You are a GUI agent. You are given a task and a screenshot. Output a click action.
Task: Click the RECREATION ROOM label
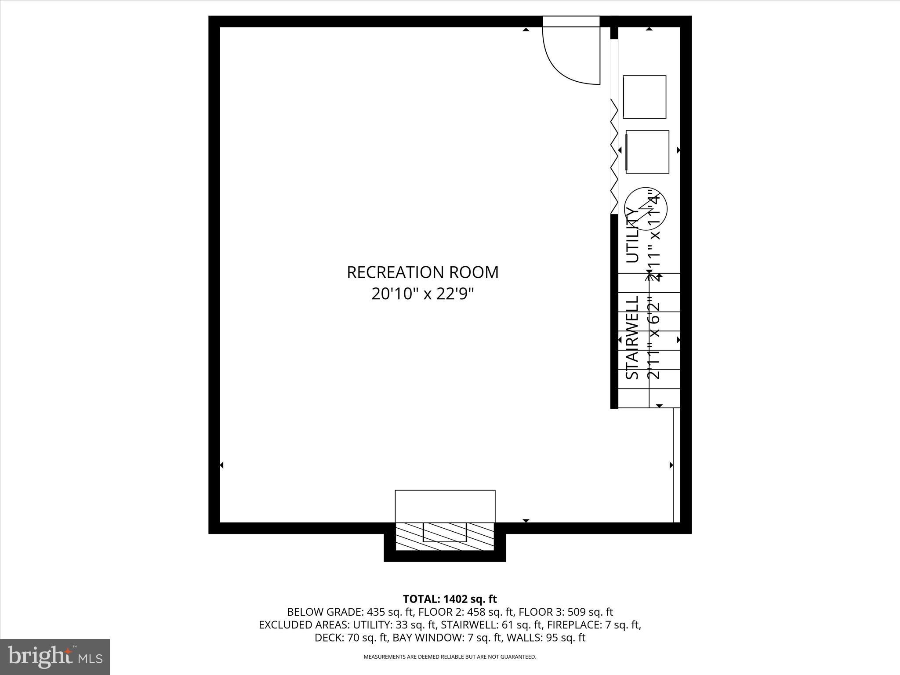(423, 272)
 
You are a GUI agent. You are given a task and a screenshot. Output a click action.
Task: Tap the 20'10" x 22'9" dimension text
(423, 294)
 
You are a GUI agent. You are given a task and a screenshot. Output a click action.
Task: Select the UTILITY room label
(632, 236)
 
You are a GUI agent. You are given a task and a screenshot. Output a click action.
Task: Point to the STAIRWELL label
(632, 337)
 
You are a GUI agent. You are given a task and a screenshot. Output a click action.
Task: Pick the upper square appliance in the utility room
(644, 97)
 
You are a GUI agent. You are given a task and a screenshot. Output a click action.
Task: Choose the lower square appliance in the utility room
(647, 152)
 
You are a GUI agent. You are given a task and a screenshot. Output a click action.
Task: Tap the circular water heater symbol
(646, 209)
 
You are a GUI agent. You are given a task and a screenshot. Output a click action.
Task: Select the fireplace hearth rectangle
(445, 506)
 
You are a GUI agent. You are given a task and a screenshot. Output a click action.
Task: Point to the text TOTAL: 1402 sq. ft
(450, 599)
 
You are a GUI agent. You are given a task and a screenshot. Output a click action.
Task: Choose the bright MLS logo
(55, 657)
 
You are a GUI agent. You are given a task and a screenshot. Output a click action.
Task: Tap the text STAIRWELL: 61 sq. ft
(491, 625)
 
